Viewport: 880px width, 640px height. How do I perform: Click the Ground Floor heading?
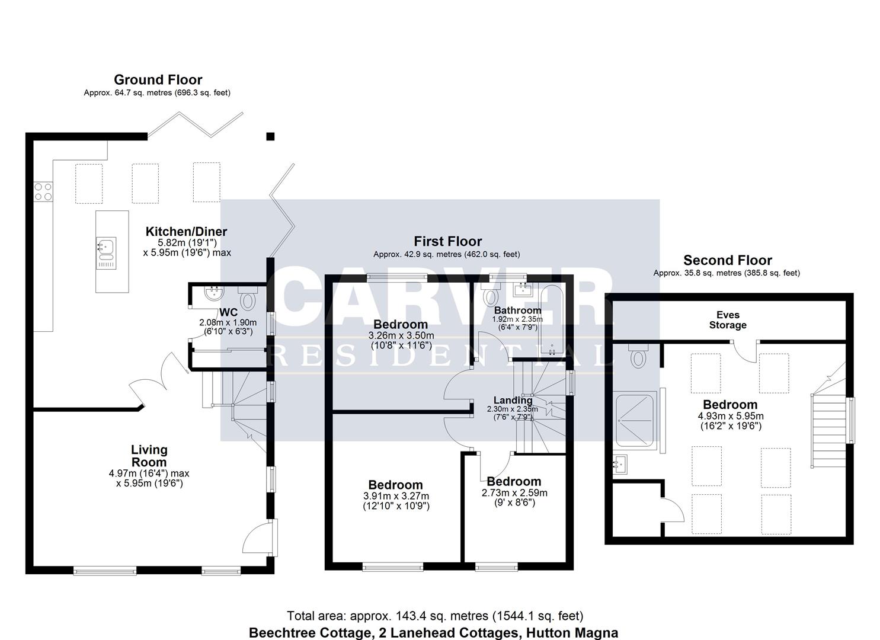tap(158, 79)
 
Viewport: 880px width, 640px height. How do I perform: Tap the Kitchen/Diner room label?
tap(186, 232)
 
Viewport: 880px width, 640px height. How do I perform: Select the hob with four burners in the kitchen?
tap(43, 191)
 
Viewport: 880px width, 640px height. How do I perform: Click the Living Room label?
tap(149, 456)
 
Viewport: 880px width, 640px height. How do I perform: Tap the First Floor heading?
tap(447, 241)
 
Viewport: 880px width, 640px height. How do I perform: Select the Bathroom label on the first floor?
tap(517, 310)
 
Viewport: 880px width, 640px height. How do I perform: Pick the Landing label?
tap(513, 400)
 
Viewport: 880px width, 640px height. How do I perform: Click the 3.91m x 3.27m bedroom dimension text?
tap(396, 496)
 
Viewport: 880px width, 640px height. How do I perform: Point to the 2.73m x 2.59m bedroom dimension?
tap(514, 492)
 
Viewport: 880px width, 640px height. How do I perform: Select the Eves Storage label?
tap(727, 320)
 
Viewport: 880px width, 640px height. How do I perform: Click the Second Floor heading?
tap(727, 260)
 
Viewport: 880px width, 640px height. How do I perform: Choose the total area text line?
tap(435, 616)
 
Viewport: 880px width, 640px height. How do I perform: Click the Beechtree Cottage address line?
tap(433, 632)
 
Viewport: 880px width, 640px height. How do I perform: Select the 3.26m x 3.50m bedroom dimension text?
tap(400, 335)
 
